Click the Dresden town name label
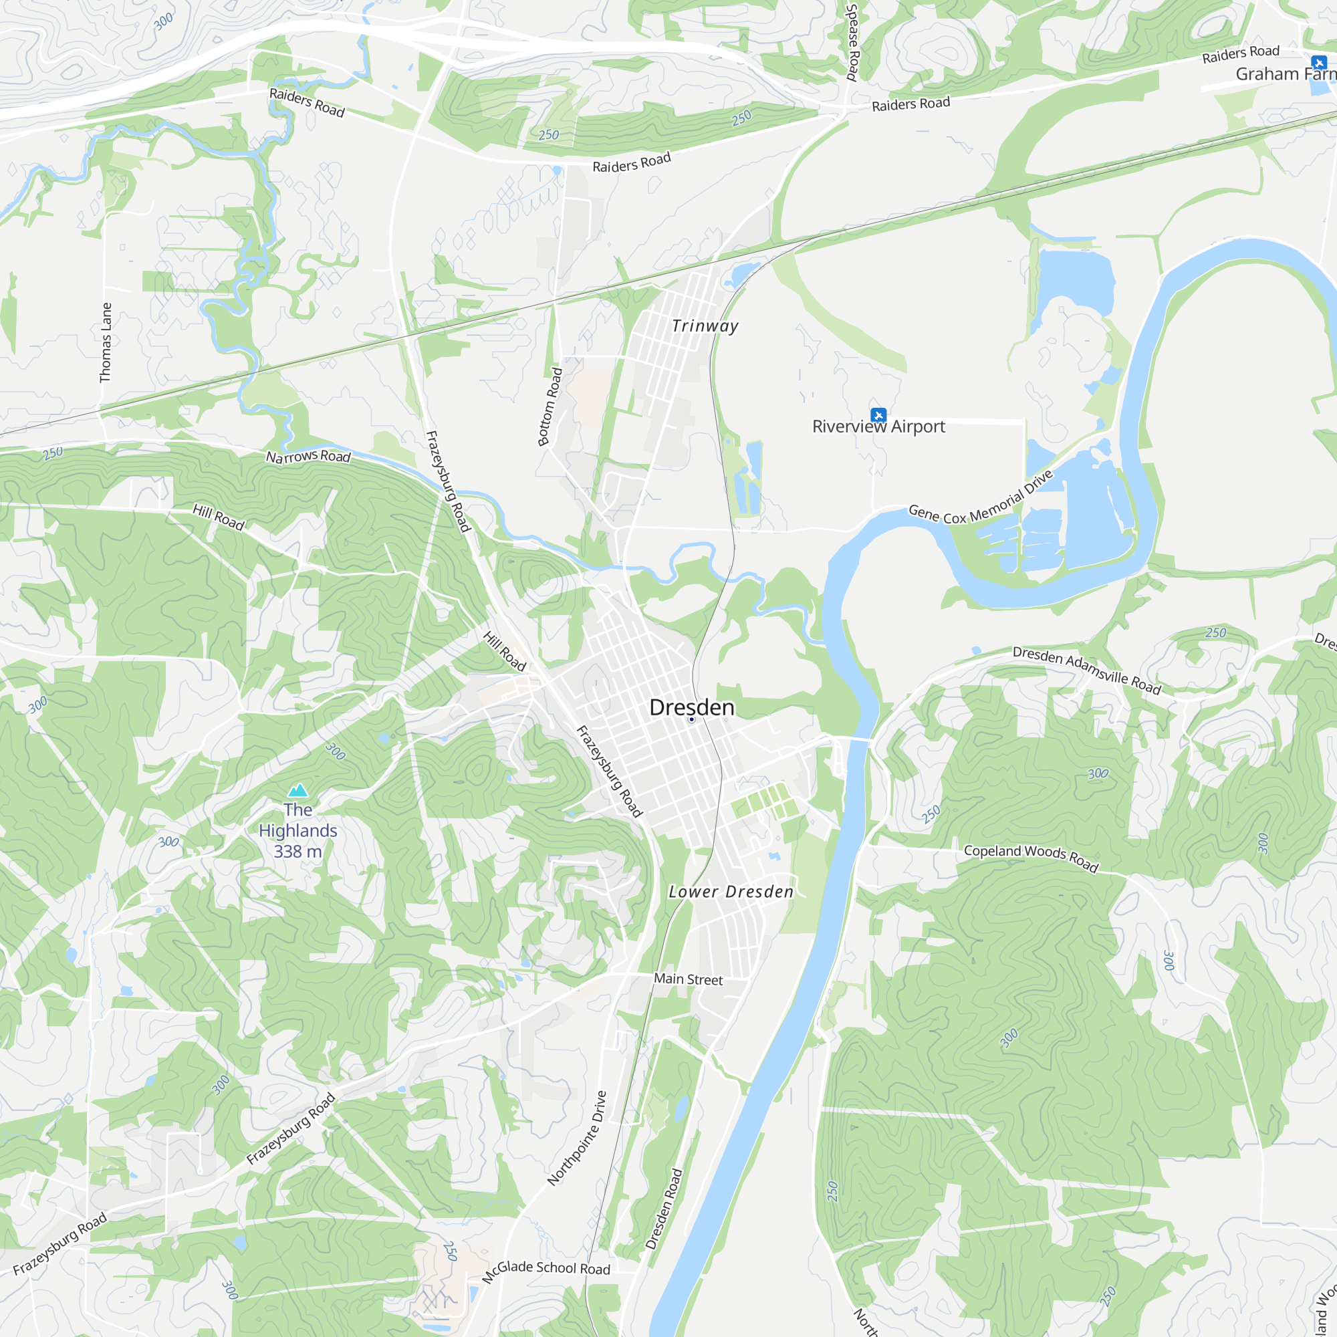(x=691, y=707)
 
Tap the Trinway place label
(x=705, y=326)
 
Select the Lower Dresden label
(x=731, y=892)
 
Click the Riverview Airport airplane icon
(x=878, y=414)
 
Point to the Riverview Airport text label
(x=878, y=427)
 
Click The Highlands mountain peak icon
(x=297, y=789)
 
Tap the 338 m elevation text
(x=297, y=852)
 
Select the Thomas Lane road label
(x=105, y=342)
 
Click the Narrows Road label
(x=308, y=456)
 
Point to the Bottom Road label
(x=550, y=407)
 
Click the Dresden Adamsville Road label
(x=1086, y=670)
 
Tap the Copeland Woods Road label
(x=1031, y=858)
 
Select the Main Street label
(x=688, y=979)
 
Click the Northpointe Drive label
(x=577, y=1138)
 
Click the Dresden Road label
(x=664, y=1209)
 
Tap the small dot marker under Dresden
(x=691, y=720)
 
